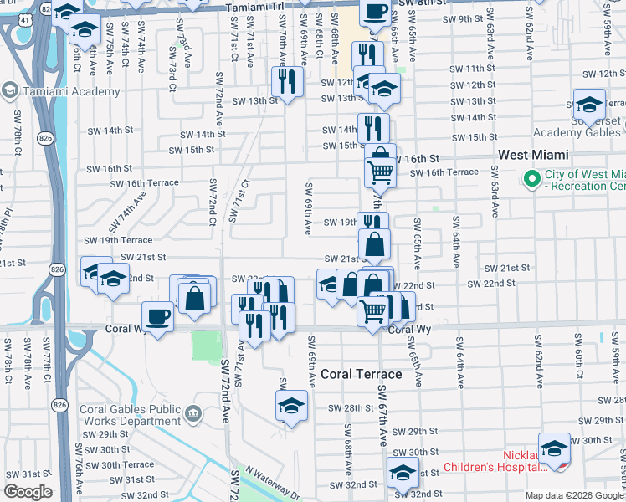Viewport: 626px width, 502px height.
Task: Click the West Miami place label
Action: [x=533, y=155]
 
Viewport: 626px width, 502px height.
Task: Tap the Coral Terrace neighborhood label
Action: [x=362, y=375]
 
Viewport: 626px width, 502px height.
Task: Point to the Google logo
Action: [x=28, y=492]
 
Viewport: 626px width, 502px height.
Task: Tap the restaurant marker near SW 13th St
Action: [x=287, y=82]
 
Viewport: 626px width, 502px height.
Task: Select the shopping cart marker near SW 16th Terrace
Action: [x=380, y=172]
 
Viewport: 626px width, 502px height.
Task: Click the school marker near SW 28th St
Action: [x=291, y=406]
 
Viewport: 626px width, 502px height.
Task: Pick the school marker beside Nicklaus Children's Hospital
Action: [x=554, y=448]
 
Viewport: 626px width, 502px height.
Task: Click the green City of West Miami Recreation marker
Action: [x=530, y=178]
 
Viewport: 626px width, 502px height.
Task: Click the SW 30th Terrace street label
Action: [x=127, y=464]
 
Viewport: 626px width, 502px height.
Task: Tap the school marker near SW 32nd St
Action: [x=403, y=473]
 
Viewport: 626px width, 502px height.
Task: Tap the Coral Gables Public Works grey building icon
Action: [x=193, y=412]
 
